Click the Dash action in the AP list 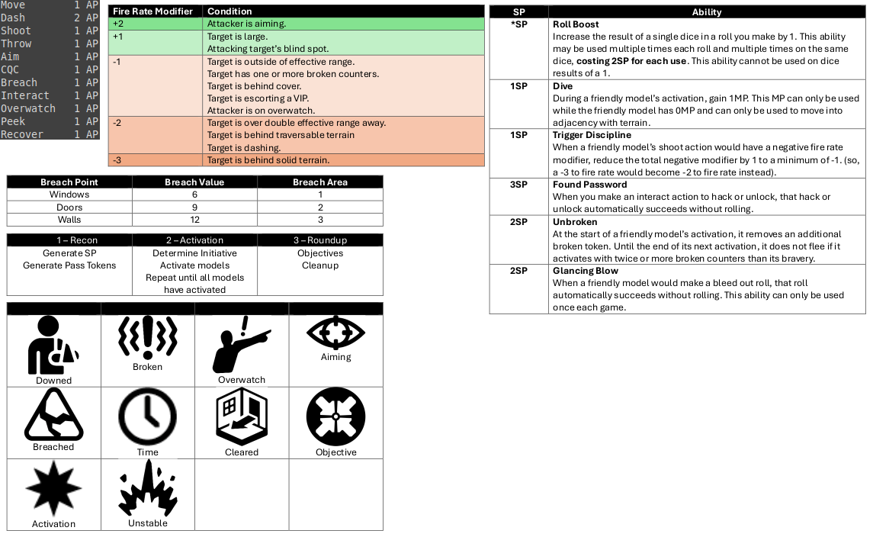click(13, 18)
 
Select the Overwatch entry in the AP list click(28, 108)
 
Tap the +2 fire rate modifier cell click(118, 24)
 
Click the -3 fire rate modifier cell click(118, 160)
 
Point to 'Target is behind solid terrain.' click(268, 160)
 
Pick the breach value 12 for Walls click(195, 220)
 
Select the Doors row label click(69, 207)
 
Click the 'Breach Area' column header click(320, 182)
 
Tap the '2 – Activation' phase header click(194, 240)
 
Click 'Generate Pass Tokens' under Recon click(69, 265)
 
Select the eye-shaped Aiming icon click(335, 333)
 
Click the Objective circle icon click(335, 417)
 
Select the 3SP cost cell click(518, 185)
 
